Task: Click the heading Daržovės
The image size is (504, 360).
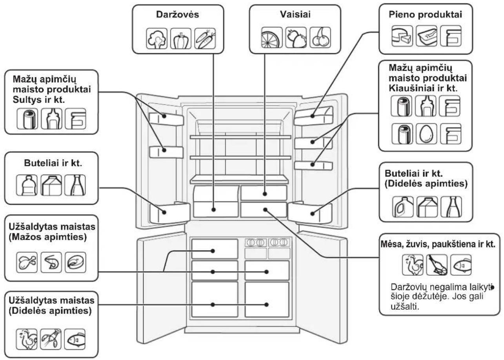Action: tap(178, 15)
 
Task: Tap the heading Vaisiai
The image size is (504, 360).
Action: tap(295, 15)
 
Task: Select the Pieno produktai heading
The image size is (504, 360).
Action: tap(426, 15)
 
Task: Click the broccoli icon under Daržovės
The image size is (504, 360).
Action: tap(156, 38)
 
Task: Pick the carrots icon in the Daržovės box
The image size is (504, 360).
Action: tap(205, 38)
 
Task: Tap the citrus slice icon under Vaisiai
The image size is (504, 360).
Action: tap(272, 38)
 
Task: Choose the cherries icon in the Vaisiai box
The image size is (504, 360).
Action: tap(320, 38)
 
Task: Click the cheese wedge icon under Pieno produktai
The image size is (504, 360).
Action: tap(402, 36)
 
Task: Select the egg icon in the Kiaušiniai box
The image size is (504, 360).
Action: tap(426, 134)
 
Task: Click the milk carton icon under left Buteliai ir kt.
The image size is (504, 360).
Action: tap(51, 185)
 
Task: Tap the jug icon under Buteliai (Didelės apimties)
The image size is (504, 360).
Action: tap(403, 207)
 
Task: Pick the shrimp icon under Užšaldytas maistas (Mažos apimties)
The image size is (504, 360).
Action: tap(51, 262)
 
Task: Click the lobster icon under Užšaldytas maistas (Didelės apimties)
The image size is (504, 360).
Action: tap(51, 339)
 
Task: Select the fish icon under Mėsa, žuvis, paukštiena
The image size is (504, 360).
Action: tap(461, 265)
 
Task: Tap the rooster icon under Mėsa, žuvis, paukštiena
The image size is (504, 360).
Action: tap(413, 265)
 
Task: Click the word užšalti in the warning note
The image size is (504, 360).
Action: tap(405, 306)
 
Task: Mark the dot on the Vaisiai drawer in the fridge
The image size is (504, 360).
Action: tap(265, 194)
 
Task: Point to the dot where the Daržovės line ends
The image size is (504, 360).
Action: tap(213, 209)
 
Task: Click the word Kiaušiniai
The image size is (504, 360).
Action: tap(411, 88)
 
